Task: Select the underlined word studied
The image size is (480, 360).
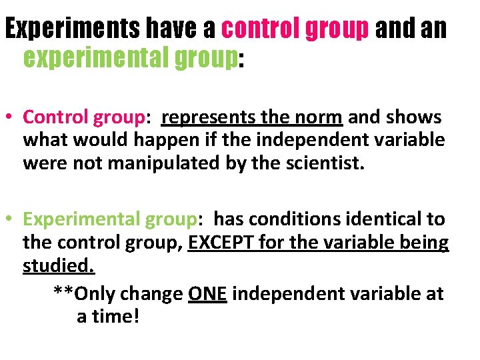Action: (59, 265)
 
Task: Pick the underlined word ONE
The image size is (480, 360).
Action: (207, 293)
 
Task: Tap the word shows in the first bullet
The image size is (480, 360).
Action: (413, 117)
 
